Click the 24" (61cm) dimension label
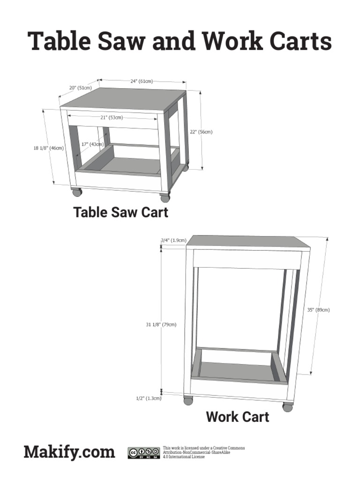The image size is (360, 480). click(142, 81)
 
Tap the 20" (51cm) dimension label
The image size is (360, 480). click(80, 88)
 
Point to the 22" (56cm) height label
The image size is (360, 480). click(201, 132)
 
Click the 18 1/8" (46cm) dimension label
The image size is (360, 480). click(48, 148)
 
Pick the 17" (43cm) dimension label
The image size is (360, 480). click(92, 144)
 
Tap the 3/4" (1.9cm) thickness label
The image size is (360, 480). click(173, 240)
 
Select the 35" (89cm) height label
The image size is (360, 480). click(319, 310)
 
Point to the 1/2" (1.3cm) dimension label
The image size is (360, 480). click(149, 398)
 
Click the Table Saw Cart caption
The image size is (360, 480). click(121, 212)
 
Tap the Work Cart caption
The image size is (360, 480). click(237, 416)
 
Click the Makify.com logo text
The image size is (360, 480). click(69, 452)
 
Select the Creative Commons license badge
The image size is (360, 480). click(143, 452)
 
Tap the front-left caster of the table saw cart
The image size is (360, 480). click(76, 192)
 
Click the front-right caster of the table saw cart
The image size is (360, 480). click(165, 197)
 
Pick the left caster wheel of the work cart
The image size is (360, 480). click(188, 401)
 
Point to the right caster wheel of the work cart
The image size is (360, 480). click(287, 407)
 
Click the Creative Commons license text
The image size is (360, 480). click(203, 452)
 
